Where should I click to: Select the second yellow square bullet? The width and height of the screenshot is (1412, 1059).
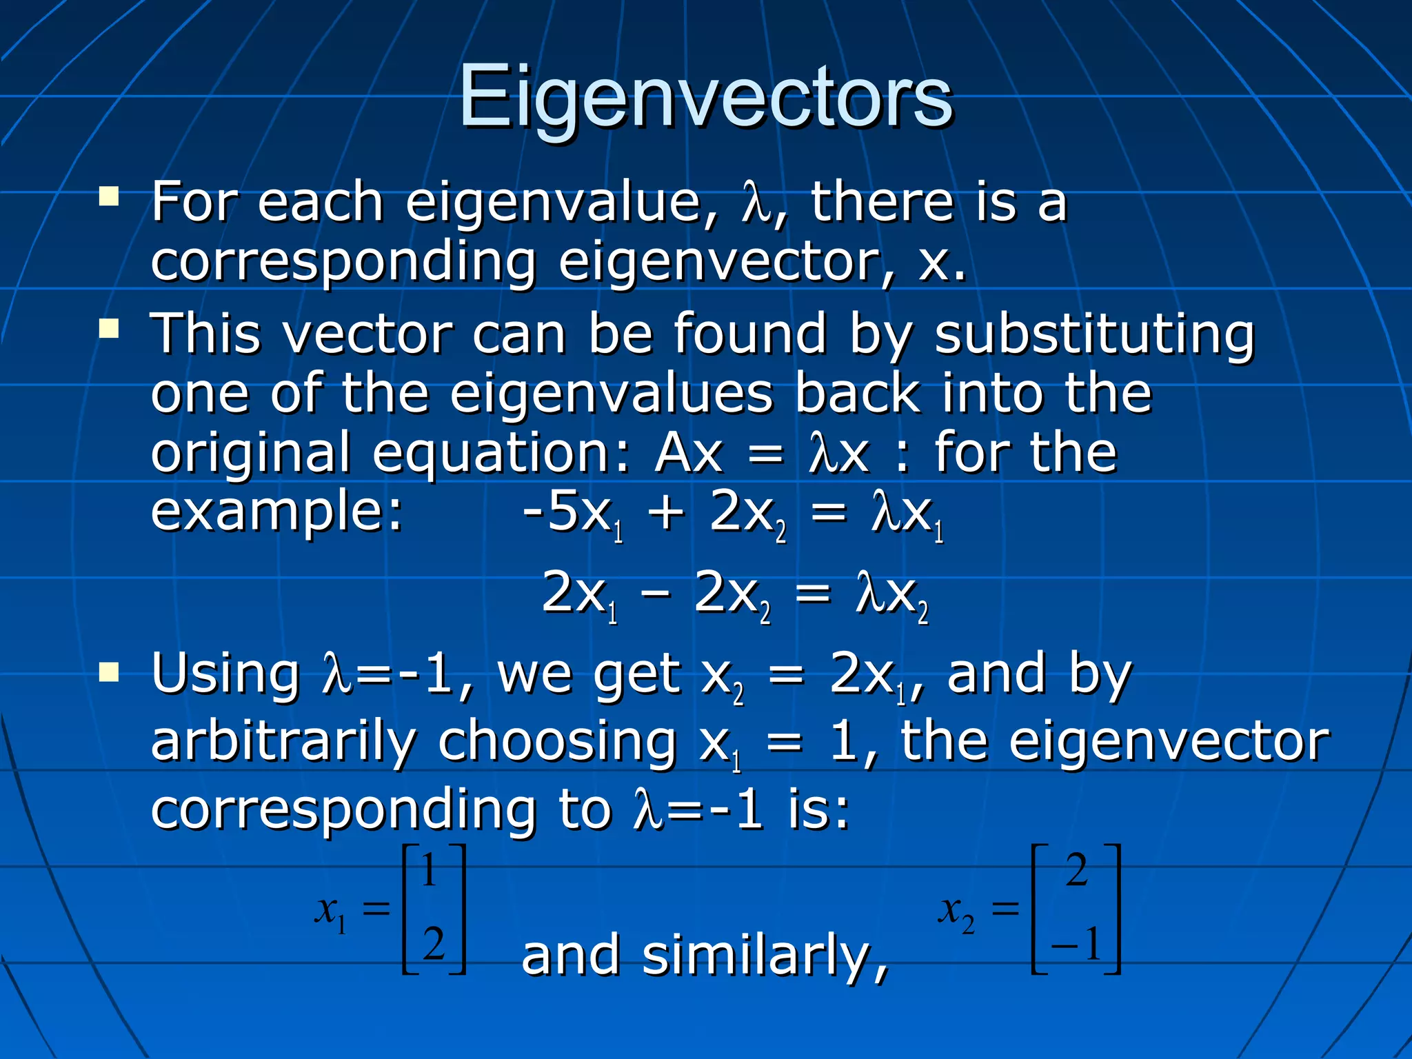click(109, 329)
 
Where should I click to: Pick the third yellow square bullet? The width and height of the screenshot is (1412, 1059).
click(109, 671)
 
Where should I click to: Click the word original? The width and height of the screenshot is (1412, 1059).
click(250, 454)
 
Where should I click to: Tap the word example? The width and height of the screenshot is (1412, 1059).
click(276, 514)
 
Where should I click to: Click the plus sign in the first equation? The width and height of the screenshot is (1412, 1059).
click(666, 514)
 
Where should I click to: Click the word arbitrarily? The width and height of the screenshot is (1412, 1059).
click(283, 743)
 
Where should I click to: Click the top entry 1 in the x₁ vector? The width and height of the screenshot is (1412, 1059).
click(429, 870)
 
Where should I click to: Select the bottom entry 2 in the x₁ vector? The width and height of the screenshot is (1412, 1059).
click(433, 943)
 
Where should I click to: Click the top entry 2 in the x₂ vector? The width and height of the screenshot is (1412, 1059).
click(1077, 870)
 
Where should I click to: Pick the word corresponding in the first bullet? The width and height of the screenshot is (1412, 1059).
click(343, 264)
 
